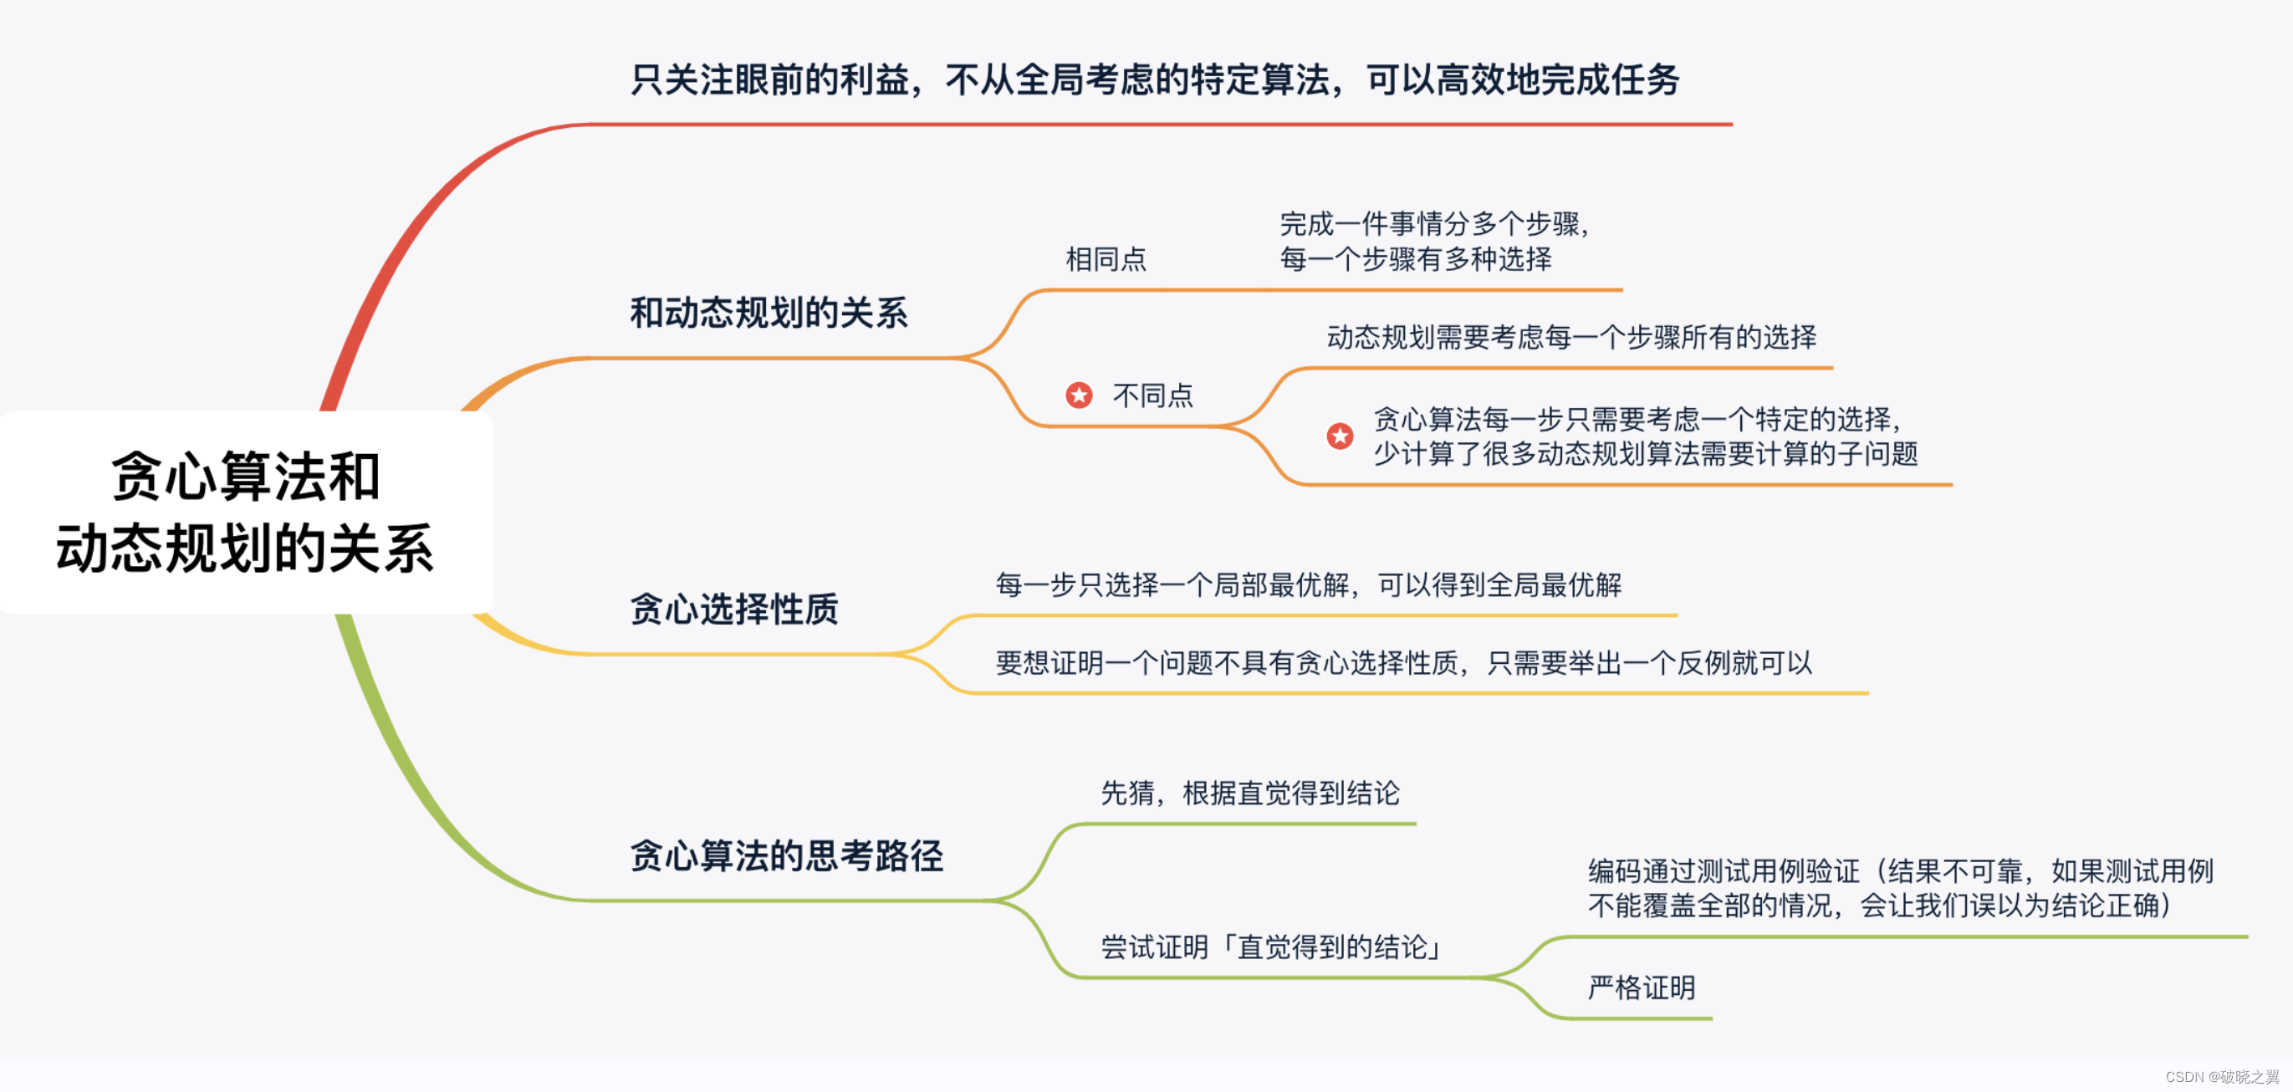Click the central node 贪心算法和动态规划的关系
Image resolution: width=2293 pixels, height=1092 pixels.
(x=245, y=512)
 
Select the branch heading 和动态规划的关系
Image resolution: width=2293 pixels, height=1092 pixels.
(x=769, y=314)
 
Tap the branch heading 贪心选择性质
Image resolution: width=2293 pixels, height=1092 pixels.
(x=734, y=610)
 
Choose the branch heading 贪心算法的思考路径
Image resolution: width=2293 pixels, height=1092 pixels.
(x=786, y=856)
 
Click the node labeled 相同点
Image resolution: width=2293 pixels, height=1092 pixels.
(x=1106, y=259)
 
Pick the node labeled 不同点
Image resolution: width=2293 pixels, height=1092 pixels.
(x=1152, y=395)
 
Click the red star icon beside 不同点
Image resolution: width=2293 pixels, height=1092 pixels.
(x=1079, y=395)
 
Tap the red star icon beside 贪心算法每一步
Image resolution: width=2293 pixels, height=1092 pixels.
(x=1340, y=436)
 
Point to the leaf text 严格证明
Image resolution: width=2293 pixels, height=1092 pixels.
(x=1642, y=987)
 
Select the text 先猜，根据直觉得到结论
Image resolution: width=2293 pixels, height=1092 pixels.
(x=1249, y=793)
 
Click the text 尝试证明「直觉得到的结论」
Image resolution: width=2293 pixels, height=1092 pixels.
(x=1273, y=947)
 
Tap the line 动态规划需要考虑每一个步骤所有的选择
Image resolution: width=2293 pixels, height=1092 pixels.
(x=1571, y=337)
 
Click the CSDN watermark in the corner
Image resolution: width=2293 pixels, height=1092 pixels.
(x=2222, y=1077)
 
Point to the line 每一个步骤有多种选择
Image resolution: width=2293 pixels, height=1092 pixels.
(x=1415, y=259)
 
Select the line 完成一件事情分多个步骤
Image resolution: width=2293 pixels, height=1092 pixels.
(x=1433, y=223)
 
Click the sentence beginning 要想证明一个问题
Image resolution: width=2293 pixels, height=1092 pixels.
(x=1403, y=663)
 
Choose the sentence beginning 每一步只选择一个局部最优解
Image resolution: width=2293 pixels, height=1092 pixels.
(x=1308, y=584)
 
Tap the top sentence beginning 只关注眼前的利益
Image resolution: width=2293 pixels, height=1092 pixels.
(x=1155, y=80)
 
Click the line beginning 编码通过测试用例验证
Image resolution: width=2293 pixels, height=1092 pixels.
(x=1900, y=870)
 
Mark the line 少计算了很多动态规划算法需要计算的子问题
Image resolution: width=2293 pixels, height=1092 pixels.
(x=1645, y=454)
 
